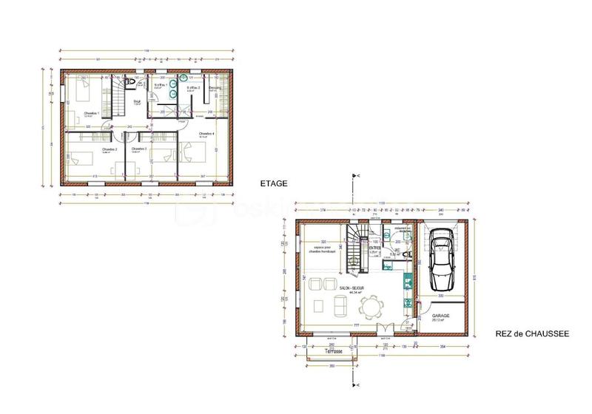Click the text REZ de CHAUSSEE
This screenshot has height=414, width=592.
(532, 334)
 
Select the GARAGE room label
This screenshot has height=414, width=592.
(441, 316)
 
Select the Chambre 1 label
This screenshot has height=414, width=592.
(92, 113)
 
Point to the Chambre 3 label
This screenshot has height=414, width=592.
(139, 149)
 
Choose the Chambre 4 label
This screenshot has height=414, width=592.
(206, 134)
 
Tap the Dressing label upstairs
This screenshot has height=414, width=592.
(215, 88)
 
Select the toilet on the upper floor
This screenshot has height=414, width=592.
(130, 81)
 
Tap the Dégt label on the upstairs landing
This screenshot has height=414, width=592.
(136, 101)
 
